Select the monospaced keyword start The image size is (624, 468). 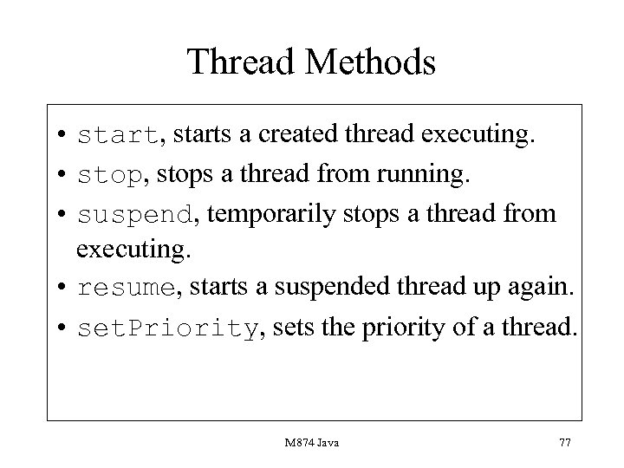117,137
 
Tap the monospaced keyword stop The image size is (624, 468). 108,176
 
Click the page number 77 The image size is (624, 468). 564,443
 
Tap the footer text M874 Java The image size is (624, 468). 311,443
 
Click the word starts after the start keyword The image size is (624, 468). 198,137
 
